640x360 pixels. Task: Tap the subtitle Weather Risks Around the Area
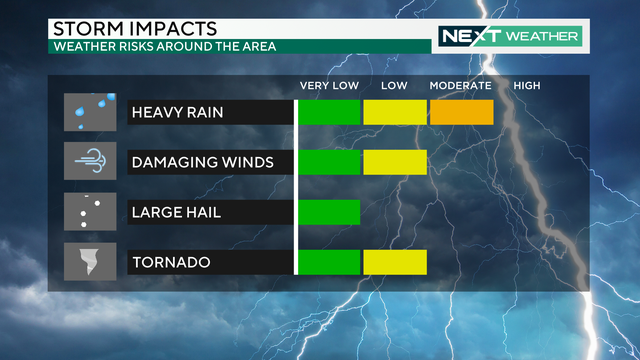point(164,46)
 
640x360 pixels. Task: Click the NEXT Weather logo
point(510,36)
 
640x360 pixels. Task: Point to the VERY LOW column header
point(328,86)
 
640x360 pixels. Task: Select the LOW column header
point(394,86)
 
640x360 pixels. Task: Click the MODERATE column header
point(461,86)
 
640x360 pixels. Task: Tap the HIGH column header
point(527,86)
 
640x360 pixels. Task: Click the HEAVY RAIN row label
point(177,113)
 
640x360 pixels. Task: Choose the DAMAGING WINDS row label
point(201,162)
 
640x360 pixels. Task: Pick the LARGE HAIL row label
point(177,212)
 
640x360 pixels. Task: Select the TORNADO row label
point(171,262)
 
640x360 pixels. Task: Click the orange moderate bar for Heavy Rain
point(461,113)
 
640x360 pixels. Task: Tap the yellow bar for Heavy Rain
point(395,113)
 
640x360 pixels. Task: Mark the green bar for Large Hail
point(329,212)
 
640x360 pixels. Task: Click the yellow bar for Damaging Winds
point(395,162)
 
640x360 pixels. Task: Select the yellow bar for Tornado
point(395,262)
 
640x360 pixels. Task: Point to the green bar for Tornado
point(329,262)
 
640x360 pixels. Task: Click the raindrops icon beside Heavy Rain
point(91,112)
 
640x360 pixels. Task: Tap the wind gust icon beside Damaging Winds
point(91,161)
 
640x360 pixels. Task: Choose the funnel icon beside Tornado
point(91,262)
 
